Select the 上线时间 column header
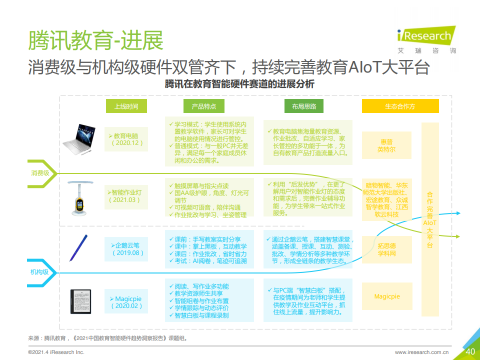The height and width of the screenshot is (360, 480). pos(126,106)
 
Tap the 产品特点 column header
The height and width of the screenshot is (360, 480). pos(204,106)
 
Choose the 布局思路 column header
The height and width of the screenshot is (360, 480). pos(304,106)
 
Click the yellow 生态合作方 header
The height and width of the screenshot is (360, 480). pos(400,106)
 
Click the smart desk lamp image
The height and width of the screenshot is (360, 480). pos(79,198)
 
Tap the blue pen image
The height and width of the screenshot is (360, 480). pos(78,248)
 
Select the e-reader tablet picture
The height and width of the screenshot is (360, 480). pos(81,301)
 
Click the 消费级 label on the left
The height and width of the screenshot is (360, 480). pos(40,173)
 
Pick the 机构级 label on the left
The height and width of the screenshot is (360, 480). pos(39,272)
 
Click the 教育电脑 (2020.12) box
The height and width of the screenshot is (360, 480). pos(126,139)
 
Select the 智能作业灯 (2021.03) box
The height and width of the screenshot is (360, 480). pos(126,197)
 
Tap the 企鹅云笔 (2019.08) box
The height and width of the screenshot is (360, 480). pos(126,249)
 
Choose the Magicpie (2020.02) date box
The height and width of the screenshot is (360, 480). pos(126,301)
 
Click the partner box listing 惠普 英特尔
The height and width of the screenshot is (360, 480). pos(386,145)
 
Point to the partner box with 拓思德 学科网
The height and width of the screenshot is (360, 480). pos(387,249)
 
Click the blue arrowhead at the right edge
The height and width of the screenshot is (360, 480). pos(458,213)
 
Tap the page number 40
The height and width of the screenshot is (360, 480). pos(470,351)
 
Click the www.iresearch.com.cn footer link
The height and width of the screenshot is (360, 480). pos(422,352)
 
